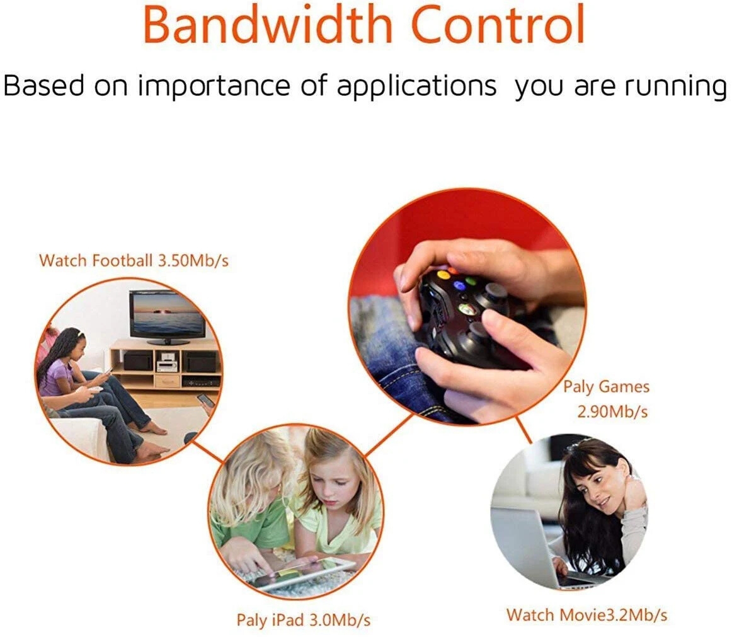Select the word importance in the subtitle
point(214,88)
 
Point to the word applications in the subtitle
point(417,88)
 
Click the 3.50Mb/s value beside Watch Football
point(193,261)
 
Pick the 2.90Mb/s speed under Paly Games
point(612,411)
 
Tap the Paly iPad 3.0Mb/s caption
point(304,620)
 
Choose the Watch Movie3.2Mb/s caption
point(587,614)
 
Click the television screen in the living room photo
point(166,314)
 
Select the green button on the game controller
point(471,281)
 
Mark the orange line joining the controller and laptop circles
point(523,430)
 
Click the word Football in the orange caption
point(122,260)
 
